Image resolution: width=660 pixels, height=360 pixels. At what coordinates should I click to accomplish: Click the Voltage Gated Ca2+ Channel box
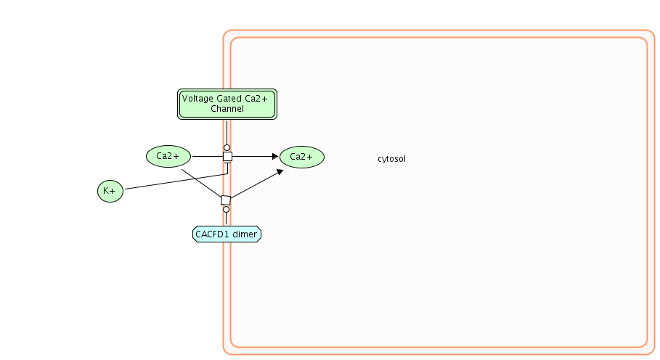pyautogui.click(x=227, y=104)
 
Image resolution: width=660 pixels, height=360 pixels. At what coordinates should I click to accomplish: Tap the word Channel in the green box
pyautogui.click(x=227, y=109)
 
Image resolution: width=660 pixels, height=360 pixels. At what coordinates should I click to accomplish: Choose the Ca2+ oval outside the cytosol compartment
pyautogui.click(x=168, y=156)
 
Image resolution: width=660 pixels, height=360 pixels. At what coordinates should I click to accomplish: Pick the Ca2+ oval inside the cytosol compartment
pyautogui.click(x=301, y=157)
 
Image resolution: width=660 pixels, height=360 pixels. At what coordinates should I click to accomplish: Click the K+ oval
pyautogui.click(x=110, y=191)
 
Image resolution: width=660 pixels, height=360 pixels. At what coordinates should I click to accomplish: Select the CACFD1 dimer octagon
pyautogui.click(x=227, y=234)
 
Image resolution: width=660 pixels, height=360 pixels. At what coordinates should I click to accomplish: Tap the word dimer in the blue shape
pyautogui.click(x=244, y=234)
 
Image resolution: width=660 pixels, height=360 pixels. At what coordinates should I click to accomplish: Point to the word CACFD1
pyautogui.click(x=213, y=234)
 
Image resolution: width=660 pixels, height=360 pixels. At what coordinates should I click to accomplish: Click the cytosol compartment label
pyautogui.click(x=391, y=159)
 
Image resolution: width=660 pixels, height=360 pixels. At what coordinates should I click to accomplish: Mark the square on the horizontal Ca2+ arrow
pyautogui.click(x=227, y=156)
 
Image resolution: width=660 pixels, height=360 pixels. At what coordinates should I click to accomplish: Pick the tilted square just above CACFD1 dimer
pyautogui.click(x=226, y=200)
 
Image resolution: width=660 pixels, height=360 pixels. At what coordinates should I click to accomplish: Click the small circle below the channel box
pyautogui.click(x=227, y=147)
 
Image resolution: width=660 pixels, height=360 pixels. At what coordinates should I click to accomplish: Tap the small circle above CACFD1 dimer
pyautogui.click(x=226, y=210)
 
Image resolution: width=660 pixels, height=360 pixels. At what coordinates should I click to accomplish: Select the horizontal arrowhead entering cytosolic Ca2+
pyautogui.click(x=274, y=156)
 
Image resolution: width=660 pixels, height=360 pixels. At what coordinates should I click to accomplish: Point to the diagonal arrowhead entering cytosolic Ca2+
pyautogui.click(x=279, y=171)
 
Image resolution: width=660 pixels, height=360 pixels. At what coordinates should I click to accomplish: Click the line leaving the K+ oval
pyautogui.click(x=174, y=182)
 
